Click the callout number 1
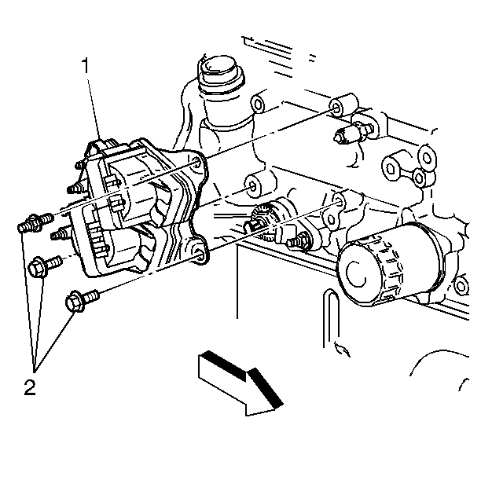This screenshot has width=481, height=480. (86, 65)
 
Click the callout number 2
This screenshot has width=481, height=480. (30, 387)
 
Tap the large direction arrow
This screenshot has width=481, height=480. (240, 383)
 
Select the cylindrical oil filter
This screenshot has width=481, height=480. (390, 264)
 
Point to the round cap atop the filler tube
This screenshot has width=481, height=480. (220, 72)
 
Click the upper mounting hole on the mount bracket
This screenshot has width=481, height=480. (196, 163)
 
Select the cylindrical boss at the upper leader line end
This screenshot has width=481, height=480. (343, 104)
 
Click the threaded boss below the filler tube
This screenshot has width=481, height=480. (255, 186)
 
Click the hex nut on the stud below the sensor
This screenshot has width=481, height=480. (302, 240)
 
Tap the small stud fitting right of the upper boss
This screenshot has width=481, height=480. (356, 131)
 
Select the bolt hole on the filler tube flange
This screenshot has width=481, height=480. (257, 104)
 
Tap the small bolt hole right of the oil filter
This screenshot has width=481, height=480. (460, 285)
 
